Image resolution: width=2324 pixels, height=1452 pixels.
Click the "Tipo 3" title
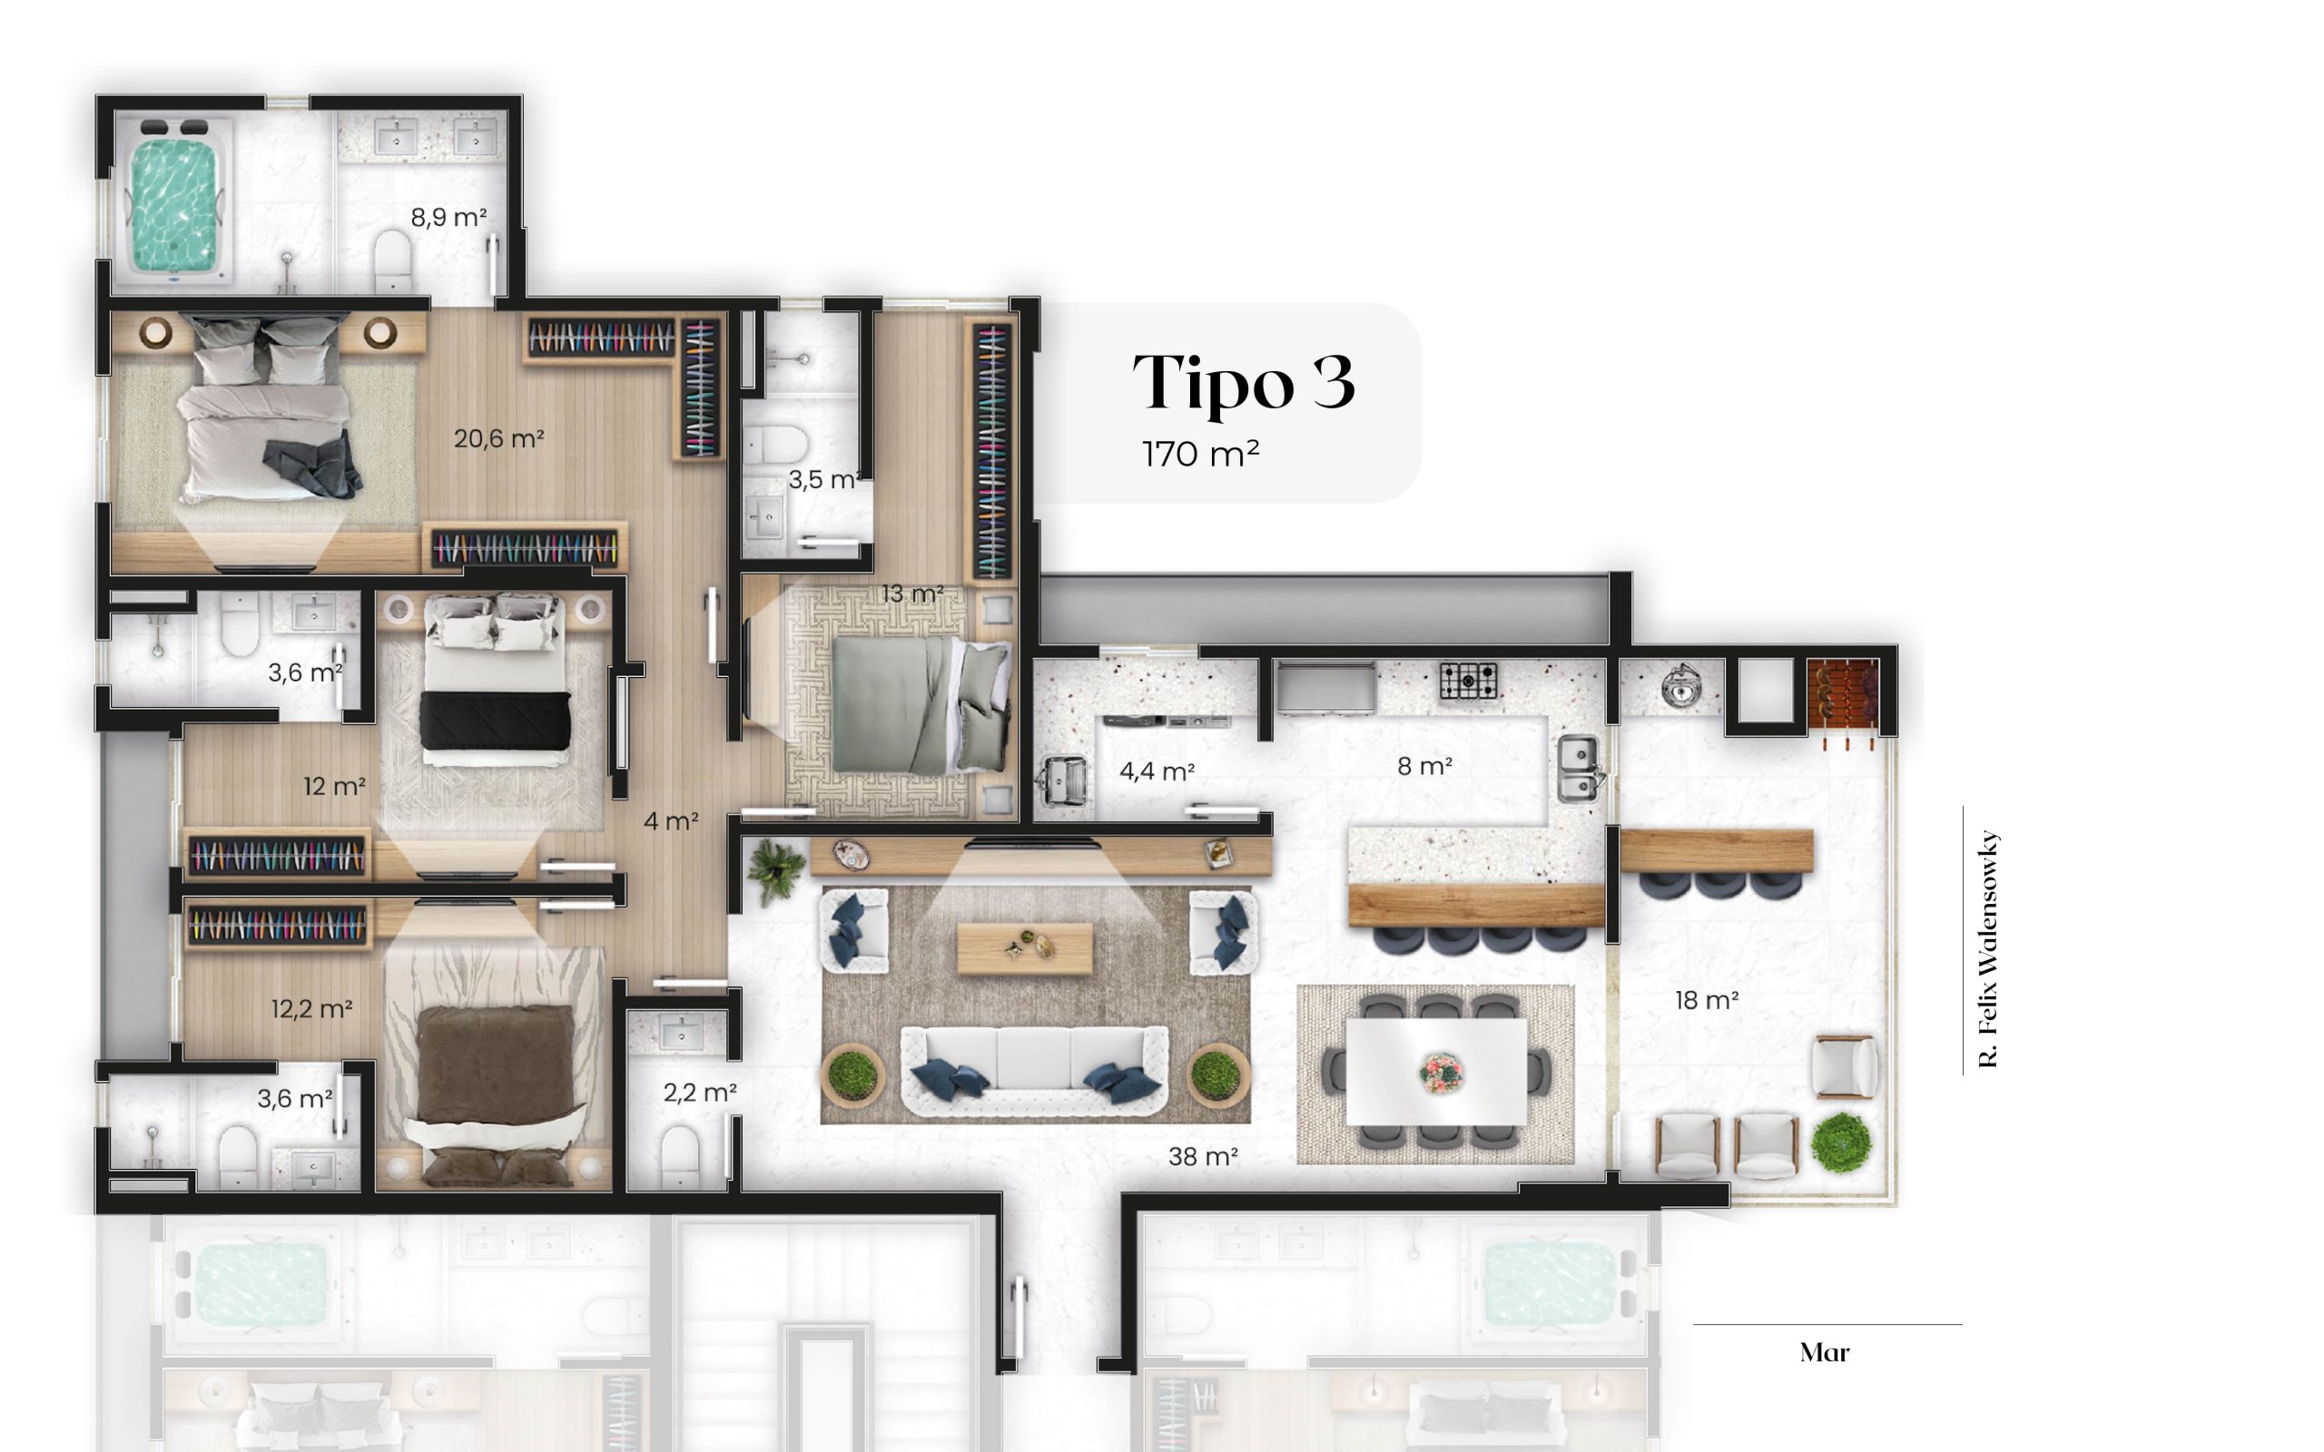click(x=1243, y=382)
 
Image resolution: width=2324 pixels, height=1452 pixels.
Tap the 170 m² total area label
click(x=1200, y=453)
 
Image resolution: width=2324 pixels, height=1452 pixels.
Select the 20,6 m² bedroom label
click(x=498, y=439)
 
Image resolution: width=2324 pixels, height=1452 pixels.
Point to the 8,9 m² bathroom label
click(x=448, y=217)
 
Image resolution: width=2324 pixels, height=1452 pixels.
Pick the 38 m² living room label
click(x=1202, y=1156)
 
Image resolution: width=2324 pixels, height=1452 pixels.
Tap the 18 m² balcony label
click(x=1707, y=1000)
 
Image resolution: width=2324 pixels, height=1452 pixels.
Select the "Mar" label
click(x=1825, y=1352)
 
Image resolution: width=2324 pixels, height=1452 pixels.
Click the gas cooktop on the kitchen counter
click(x=1468, y=681)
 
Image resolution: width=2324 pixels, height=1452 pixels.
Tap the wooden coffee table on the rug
click(x=1025, y=947)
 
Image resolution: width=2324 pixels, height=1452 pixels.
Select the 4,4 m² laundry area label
click(x=1157, y=771)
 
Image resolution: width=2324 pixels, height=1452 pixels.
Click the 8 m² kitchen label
click(x=1424, y=765)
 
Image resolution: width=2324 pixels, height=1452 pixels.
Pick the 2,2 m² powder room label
click(x=700, y=1092)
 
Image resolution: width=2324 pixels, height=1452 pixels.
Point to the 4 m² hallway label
click(x=670, y=821)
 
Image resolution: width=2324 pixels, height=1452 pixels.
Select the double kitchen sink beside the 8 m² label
click(x=1578, y=769)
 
